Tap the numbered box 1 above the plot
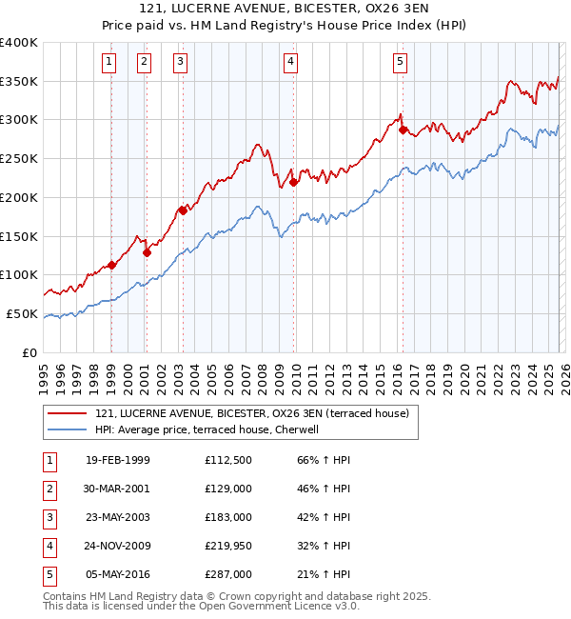[x=109, y=63]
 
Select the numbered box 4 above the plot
[x=290, y=63]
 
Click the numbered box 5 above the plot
[x=400, y=63]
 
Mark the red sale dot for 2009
[x=294, y=182]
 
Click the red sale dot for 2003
[x=183, y=210]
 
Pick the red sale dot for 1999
[x=112, y=265]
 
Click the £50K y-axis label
[x=22, y=313]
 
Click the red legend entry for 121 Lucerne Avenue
[x=251, y=413]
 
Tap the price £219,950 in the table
[x=228, y=546]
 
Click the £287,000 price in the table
[x=228, y=574]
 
